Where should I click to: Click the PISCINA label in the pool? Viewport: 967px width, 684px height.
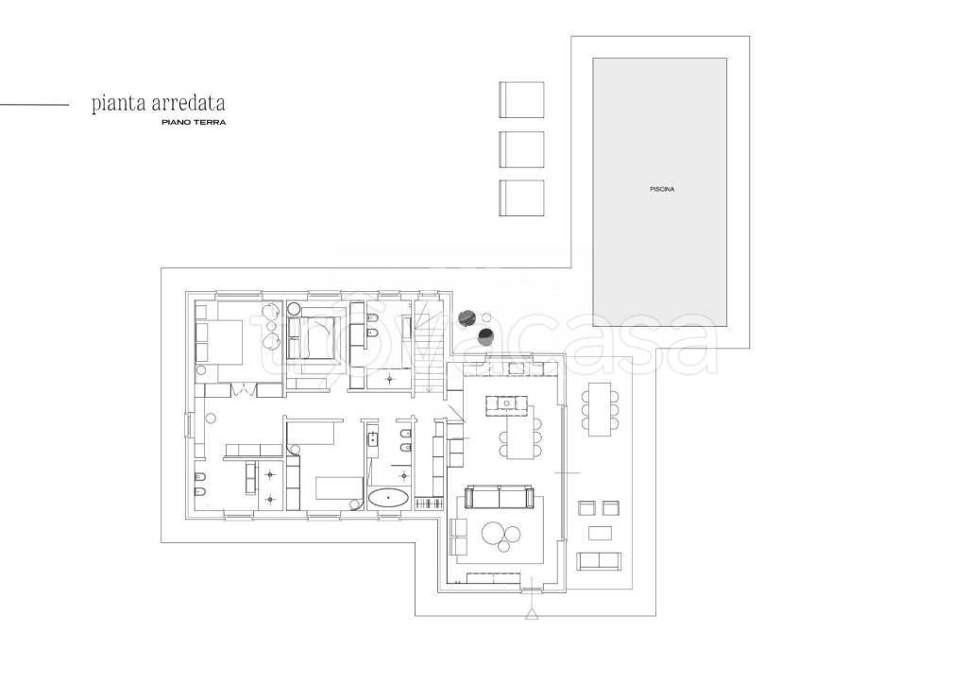point(662,189)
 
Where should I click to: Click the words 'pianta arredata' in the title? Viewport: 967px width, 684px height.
point(158,104)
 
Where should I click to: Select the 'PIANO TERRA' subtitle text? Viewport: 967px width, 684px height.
point(194,122)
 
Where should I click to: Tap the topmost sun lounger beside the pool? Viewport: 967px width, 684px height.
point(521,99)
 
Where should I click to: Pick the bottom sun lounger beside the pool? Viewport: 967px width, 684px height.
point(521,198)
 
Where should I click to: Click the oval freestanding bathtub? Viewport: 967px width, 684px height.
point(388,498)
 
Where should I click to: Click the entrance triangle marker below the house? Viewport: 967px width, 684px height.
point(532,614)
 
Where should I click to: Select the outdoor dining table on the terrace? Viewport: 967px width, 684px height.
point(600,409)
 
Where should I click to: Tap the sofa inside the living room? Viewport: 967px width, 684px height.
point(500,496)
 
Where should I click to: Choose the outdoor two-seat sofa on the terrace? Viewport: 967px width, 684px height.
point(599,561)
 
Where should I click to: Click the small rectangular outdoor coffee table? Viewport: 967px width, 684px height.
point(600,533)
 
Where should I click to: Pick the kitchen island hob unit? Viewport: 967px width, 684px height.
point(507,404)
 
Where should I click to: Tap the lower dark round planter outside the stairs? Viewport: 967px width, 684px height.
point(486,336)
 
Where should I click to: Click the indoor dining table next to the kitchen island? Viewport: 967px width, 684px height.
point(519,436)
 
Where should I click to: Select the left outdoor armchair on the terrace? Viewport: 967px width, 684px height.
point(586,507)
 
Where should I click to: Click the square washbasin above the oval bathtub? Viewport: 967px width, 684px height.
point(373,439)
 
